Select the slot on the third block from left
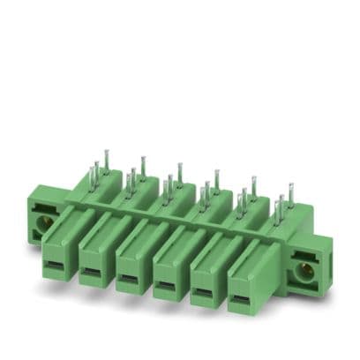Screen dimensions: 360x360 (129, 280)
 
